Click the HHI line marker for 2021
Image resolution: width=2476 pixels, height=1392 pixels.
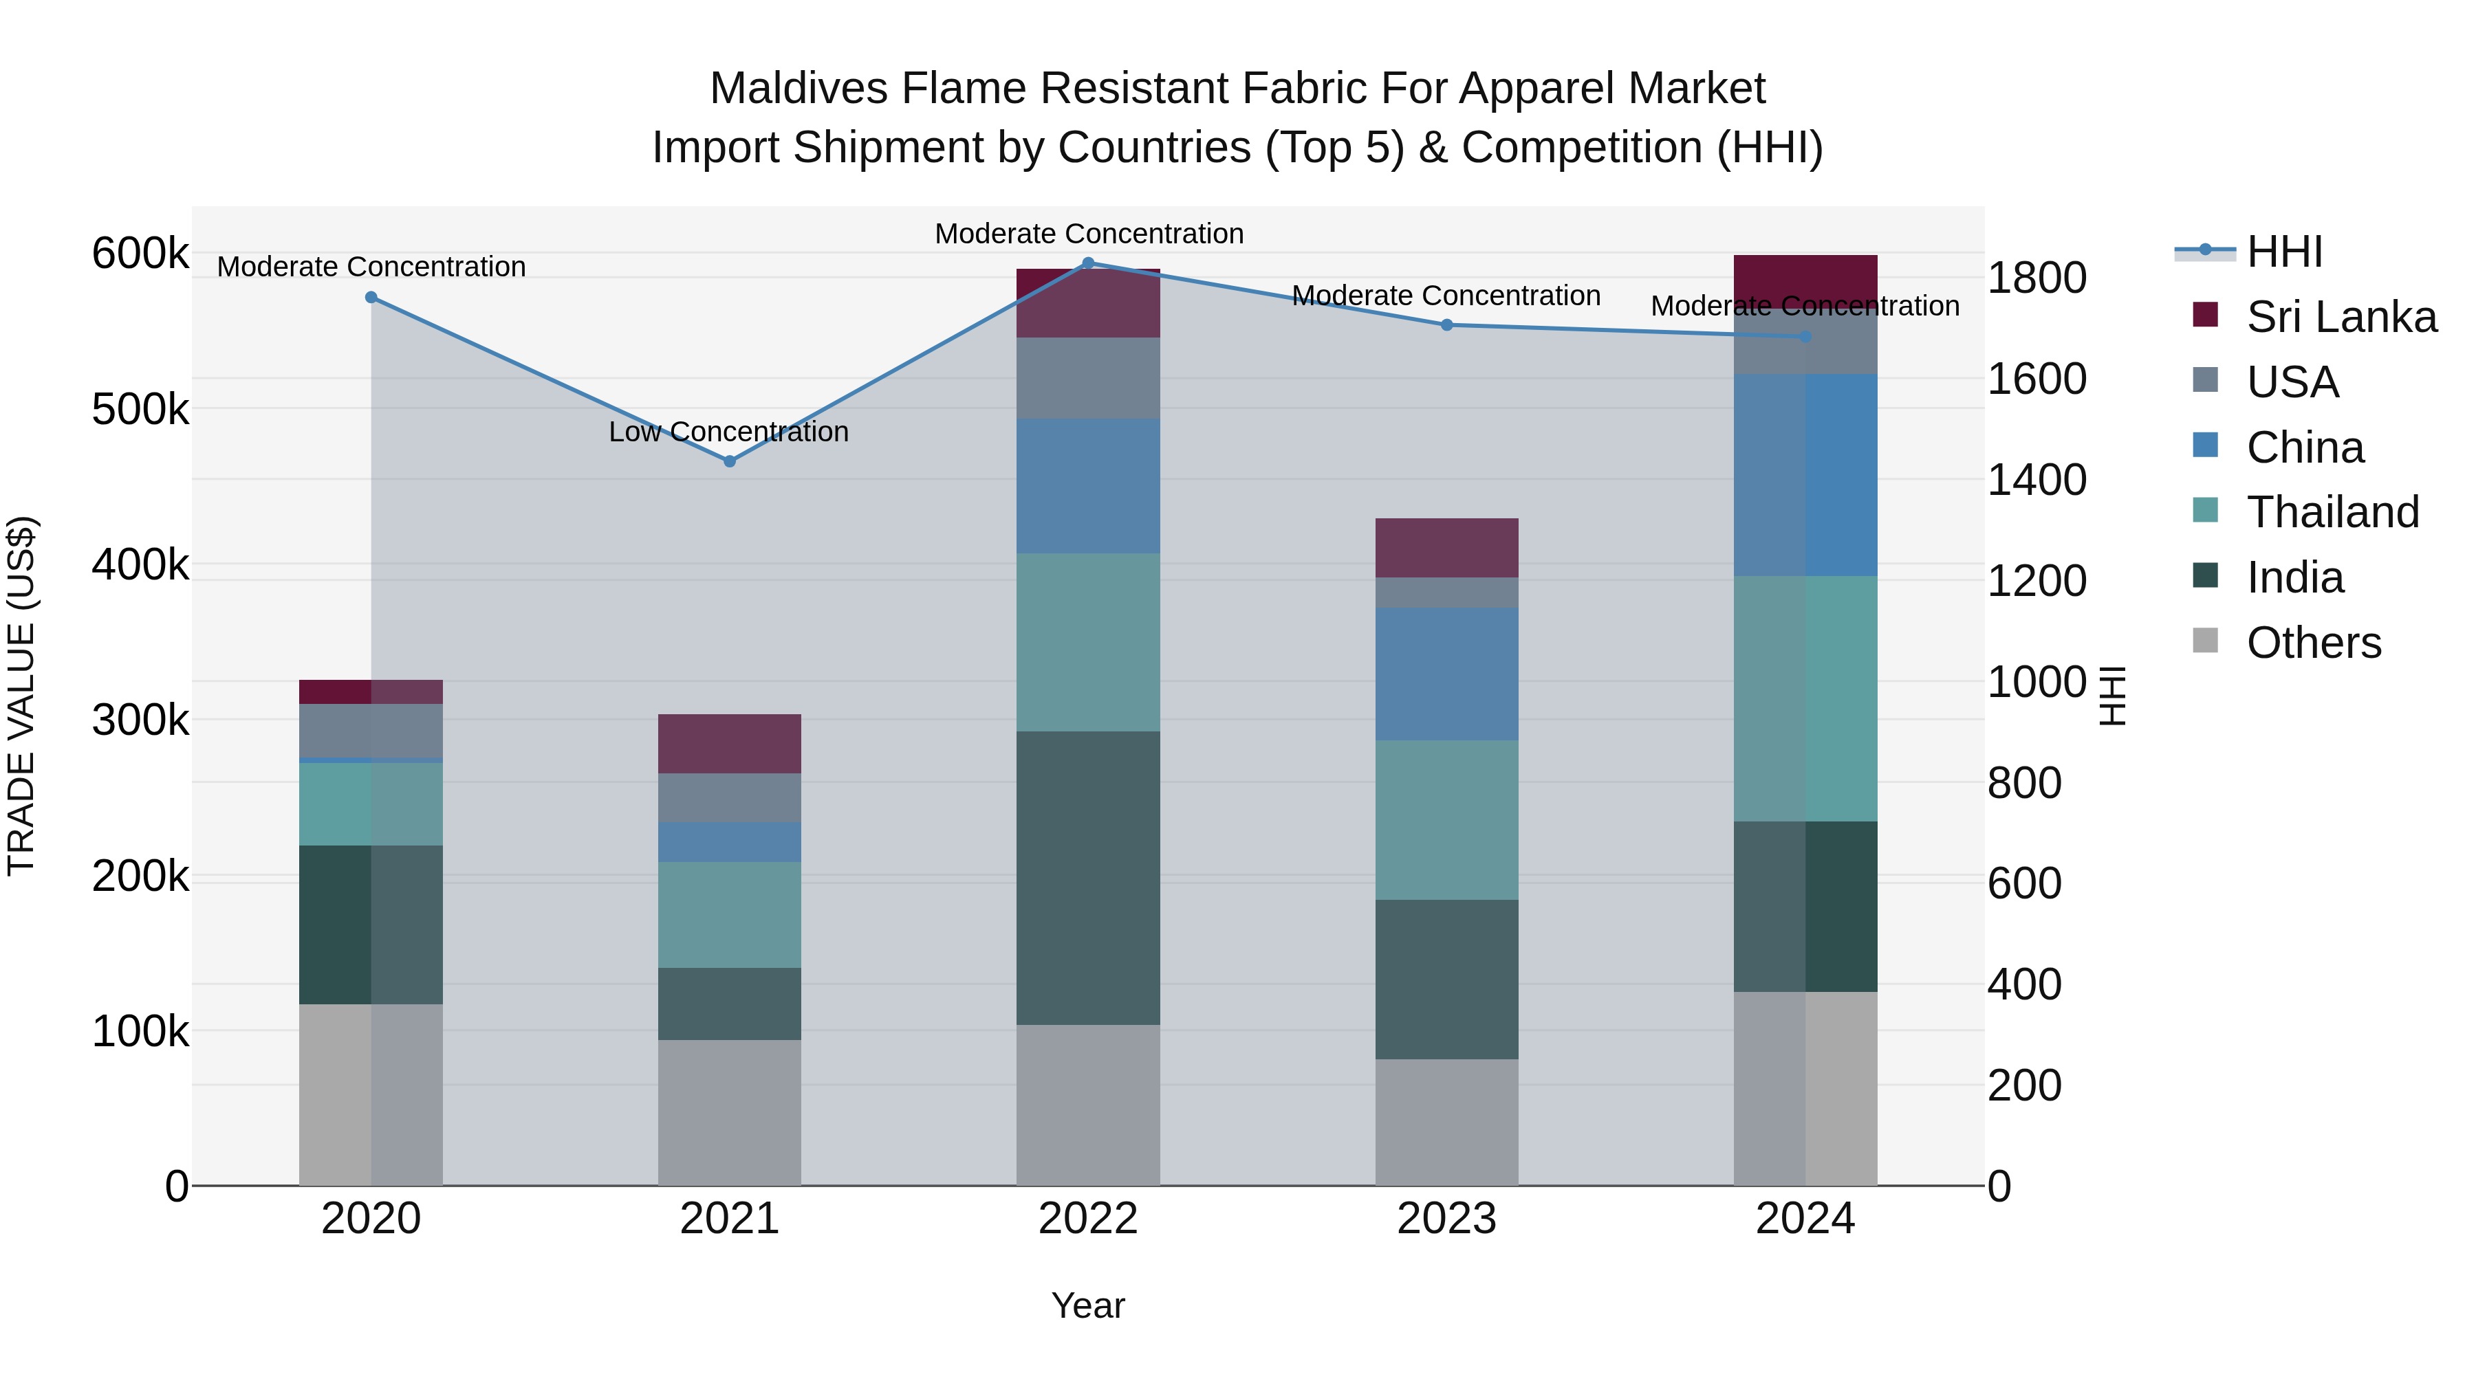coord(730,461)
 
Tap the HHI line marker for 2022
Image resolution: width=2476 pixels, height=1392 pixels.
coord(1088,263)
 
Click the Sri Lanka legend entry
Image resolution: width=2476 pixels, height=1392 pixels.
coord(2340,316)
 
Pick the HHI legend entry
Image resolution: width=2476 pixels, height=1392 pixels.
coord(2283,252)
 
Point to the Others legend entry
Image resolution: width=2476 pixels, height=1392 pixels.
coord(2312,642)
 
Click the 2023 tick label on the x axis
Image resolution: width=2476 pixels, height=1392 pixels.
coord(1446,1219)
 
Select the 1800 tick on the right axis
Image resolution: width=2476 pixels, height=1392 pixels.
coord(2037,278)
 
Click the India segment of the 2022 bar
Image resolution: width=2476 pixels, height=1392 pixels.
coord(1088,877)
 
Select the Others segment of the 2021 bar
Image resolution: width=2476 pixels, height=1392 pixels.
coord(730,1112)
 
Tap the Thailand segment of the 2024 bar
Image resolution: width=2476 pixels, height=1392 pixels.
coord(1805,698)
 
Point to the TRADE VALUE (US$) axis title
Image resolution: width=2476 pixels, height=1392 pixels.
coord(21,696)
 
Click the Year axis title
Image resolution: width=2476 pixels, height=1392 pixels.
coord(1088,1305)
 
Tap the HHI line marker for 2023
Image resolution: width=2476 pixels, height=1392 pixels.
coord(1446,324)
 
